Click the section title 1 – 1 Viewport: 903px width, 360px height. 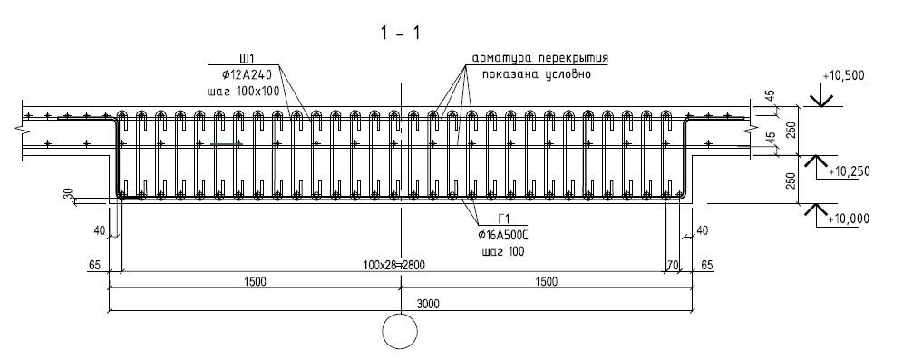(400, 34)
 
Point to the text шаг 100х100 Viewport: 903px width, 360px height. (242, 91)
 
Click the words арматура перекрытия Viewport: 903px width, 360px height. (539, 59)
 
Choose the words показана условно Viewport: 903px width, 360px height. (537, 74)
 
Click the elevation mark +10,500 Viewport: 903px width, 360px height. (844, 76)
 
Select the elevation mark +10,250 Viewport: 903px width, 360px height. (849, 171)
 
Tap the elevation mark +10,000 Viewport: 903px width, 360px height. (849, 219)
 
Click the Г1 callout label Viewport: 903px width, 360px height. (504, 219)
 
